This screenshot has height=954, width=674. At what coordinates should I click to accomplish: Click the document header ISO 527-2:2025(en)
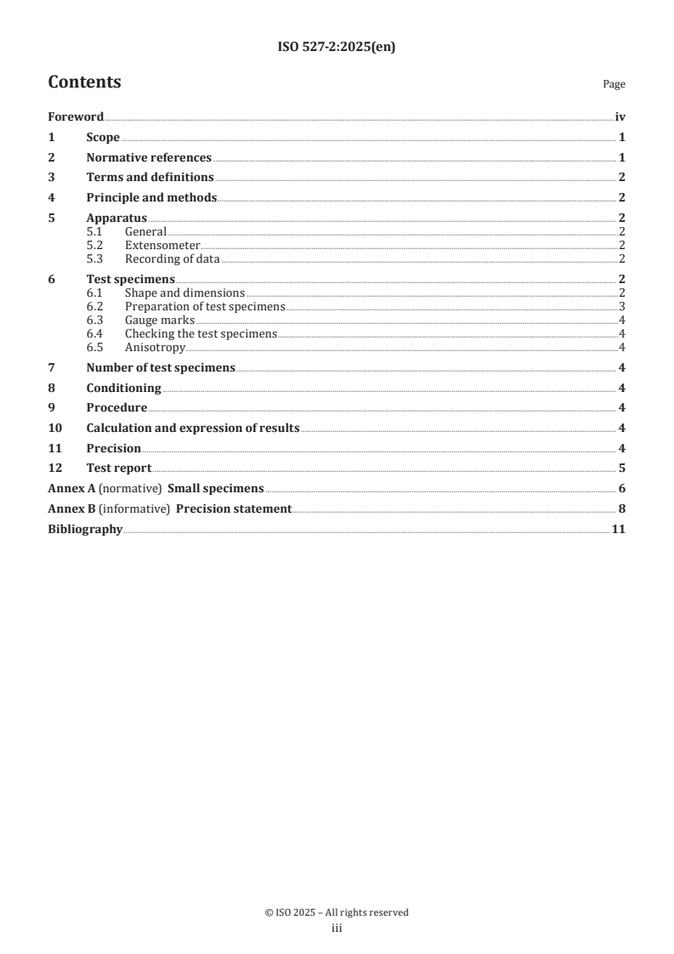click(x=337, y=48)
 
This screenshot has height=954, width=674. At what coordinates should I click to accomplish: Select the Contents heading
click(x=84, y=82)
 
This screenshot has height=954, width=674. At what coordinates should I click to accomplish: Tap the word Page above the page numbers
click(x=614, y=84)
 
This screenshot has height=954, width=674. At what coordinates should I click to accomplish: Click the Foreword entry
click(x=76, y=117)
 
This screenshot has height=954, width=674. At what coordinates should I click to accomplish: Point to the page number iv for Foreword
click(x=620, y=117)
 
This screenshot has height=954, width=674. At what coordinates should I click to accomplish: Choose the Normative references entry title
click(x=149, y=157)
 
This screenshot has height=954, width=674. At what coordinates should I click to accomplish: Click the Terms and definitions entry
click(x=150, y=177)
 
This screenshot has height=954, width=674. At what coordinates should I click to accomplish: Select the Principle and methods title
click(x=151, y=197)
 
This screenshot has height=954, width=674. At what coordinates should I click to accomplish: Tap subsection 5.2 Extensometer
click(x=162, y=245)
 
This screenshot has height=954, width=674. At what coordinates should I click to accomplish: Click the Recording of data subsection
click(x=172, y=258)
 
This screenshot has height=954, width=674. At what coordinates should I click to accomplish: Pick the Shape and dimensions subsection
click(x=184, y=292)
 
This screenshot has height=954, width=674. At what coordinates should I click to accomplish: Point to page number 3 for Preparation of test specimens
click(x=622, y=306)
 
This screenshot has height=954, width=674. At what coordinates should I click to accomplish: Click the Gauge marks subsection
click(x=159, y=320)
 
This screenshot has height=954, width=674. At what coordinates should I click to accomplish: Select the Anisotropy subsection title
click(x=155, y=347)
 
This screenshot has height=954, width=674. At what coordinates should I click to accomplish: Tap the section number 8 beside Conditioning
click(x=51, y=388)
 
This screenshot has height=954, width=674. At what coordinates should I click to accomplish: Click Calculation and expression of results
click(x=192, y=428)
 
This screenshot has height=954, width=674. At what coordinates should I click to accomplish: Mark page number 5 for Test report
click(x=622, y=468)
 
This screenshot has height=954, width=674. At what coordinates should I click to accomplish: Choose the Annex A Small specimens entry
click(x=156, y=488)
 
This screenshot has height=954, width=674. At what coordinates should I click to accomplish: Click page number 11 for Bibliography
click(x=619, y=529)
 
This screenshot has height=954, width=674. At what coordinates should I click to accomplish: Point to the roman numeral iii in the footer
click(x=337, y=928)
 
